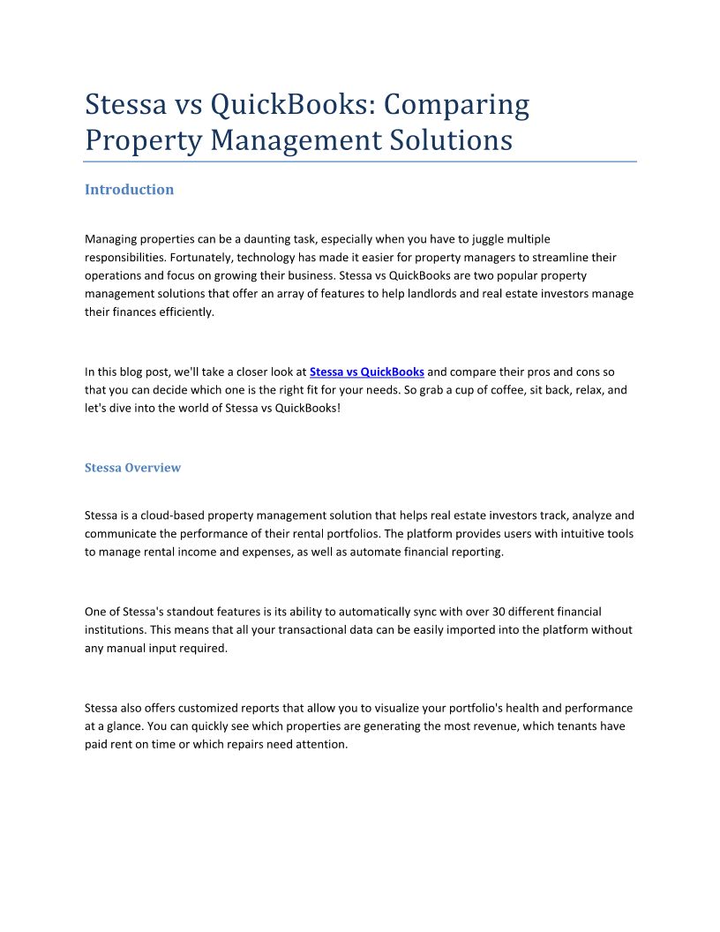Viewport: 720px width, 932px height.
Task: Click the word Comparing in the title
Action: click(457, 105)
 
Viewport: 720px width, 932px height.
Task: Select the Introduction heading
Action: click(129, 190)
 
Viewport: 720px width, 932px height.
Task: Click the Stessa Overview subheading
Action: click(132, 468)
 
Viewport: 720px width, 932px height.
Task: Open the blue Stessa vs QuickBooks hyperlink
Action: click(367, 372)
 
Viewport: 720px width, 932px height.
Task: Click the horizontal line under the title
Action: click(360, 162)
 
